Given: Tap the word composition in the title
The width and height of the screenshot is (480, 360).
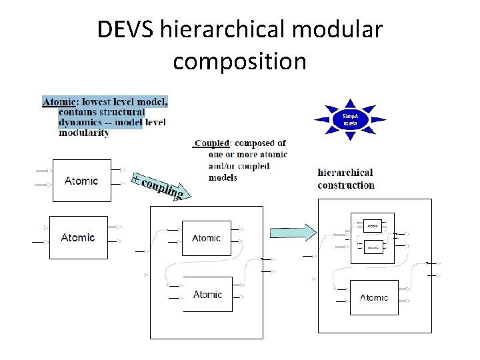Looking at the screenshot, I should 239,61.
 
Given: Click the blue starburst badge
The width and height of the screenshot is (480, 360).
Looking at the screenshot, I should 350,119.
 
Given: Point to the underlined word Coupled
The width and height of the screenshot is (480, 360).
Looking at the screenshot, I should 211,143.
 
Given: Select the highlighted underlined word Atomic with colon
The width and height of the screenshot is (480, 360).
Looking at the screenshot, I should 60,101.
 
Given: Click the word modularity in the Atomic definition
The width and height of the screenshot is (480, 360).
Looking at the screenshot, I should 84,132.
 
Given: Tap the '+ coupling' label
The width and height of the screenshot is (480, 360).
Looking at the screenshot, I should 158,187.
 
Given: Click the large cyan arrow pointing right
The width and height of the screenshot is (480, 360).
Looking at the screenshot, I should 293,232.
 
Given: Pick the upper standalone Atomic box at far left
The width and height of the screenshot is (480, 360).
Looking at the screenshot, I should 81,181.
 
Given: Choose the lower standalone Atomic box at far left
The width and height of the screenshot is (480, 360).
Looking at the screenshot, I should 78,237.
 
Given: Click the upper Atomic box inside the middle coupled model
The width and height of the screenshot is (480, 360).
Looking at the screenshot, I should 206,238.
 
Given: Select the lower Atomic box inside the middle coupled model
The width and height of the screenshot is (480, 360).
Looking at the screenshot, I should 207,294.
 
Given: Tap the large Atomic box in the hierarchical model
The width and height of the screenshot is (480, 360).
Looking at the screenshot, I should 373,297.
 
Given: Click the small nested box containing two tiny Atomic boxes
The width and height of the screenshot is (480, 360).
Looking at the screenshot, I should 373,237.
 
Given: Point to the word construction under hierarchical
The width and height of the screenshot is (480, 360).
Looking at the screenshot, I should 346,185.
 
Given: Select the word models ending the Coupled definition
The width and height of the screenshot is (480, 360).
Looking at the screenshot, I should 223,177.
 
